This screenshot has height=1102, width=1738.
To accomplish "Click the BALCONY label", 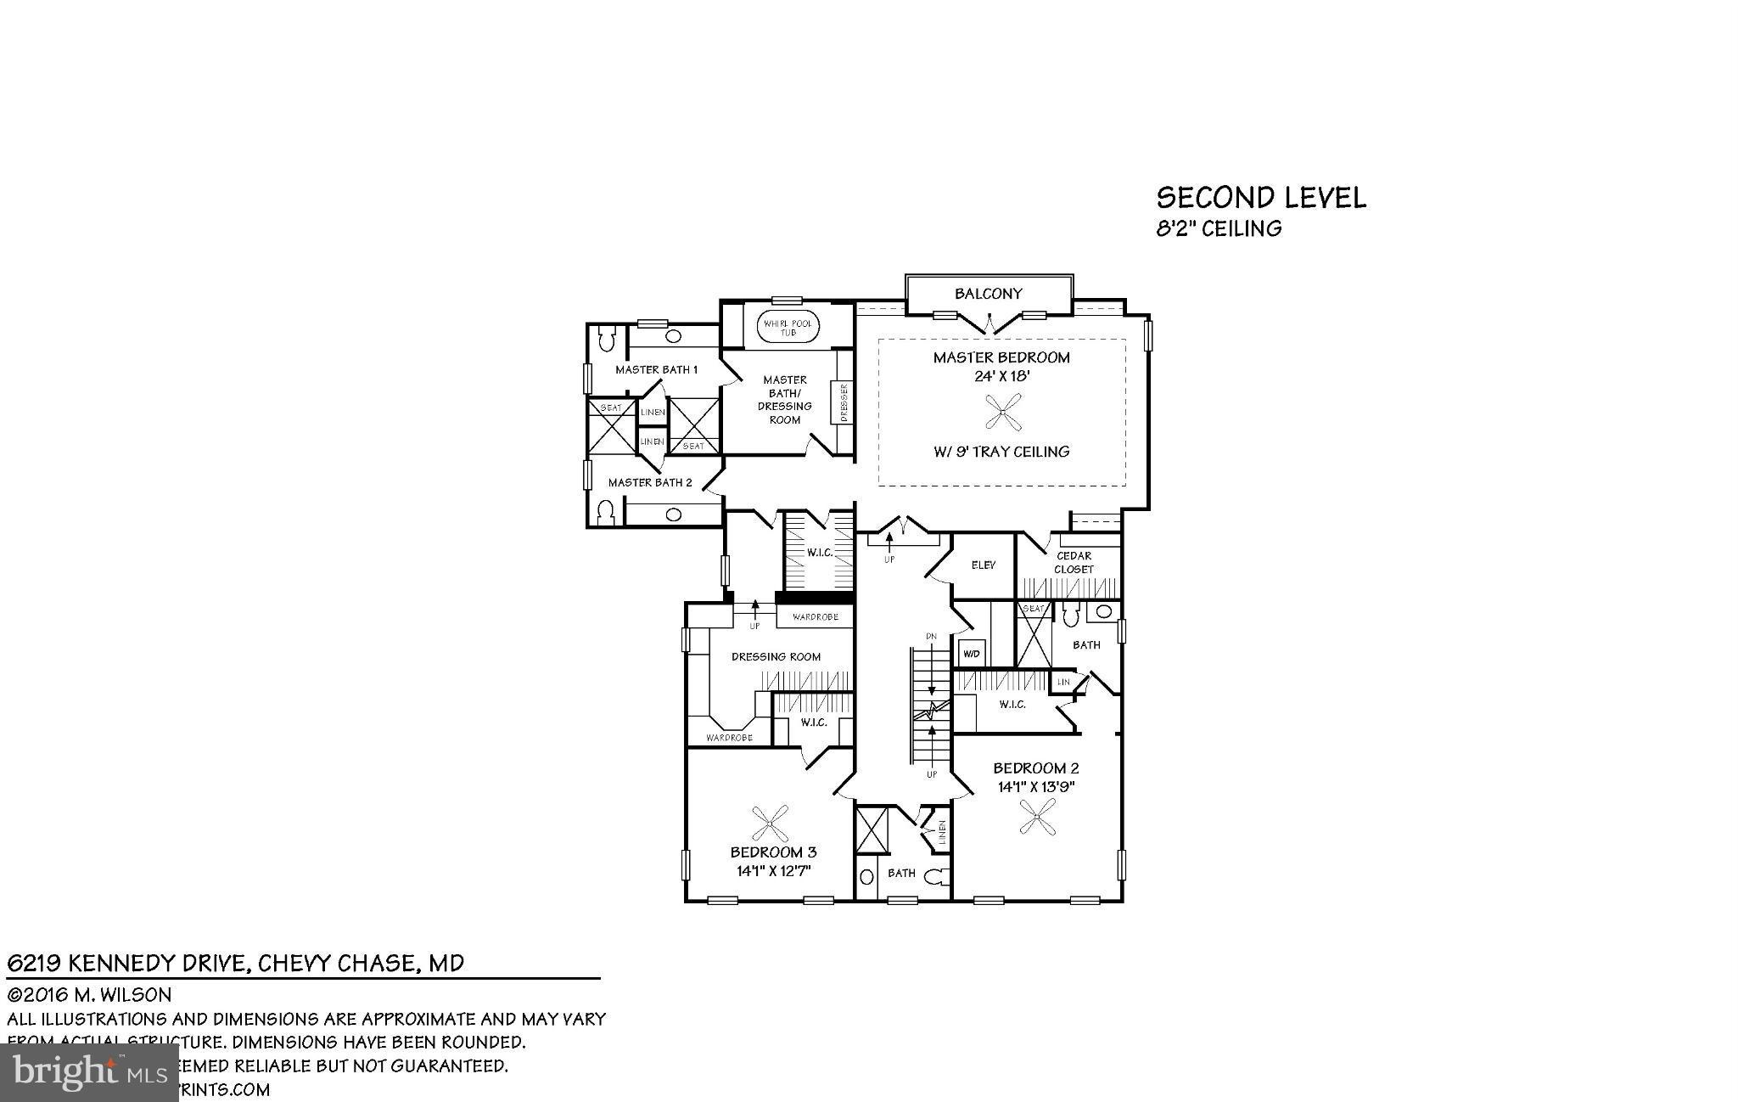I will click(988, 294).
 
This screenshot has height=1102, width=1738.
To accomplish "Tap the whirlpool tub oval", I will click(788, 328).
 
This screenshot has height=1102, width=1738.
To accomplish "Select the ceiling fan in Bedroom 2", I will click(1038, 819).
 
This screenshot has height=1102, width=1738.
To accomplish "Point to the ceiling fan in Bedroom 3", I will click(770, 821).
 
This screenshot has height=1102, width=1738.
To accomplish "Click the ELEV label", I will click(983, 565).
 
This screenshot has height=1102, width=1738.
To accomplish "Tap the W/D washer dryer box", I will click(971, 654).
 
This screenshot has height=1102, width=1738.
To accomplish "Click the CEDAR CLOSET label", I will click(1074, 562).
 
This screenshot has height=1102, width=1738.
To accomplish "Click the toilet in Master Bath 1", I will click(606, 340).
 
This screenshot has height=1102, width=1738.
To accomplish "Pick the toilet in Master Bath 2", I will click(606, 512).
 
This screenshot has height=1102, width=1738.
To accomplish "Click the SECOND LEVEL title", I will click(1261, 198).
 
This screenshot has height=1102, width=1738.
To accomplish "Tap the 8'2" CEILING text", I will click(1219, 228).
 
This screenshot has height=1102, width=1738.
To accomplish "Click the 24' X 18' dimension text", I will click(1001, 376).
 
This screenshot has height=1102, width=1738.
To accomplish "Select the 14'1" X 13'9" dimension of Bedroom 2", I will click(1036, 787).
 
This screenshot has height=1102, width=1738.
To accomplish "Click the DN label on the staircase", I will click(931, 636).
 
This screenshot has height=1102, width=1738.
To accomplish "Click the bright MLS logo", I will click(89, 1073).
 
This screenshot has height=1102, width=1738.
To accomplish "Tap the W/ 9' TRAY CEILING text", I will click(1001, 452).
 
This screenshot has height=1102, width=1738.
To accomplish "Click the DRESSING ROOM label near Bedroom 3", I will click(776, 656).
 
